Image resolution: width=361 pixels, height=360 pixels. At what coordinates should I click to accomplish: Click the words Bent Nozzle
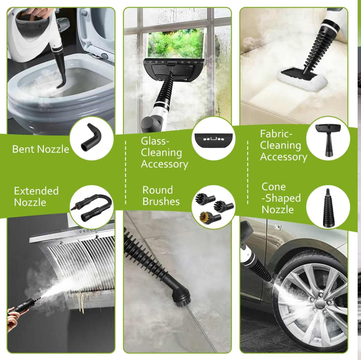click(41, 149)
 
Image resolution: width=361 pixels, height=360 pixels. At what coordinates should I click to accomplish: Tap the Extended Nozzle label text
click(36, 197)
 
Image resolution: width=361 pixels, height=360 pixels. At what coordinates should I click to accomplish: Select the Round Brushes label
click(161, 195)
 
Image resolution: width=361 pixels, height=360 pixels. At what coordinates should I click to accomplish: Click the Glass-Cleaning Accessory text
click(164, 153)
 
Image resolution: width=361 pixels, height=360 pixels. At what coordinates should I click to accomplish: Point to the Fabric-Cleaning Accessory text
click(283, 145)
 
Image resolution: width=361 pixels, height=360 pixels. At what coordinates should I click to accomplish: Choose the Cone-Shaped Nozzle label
click(281, 198)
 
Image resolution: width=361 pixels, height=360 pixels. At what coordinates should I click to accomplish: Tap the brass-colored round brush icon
click(210, 217)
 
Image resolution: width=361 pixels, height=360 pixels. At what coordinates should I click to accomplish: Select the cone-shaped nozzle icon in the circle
click(328, 208)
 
